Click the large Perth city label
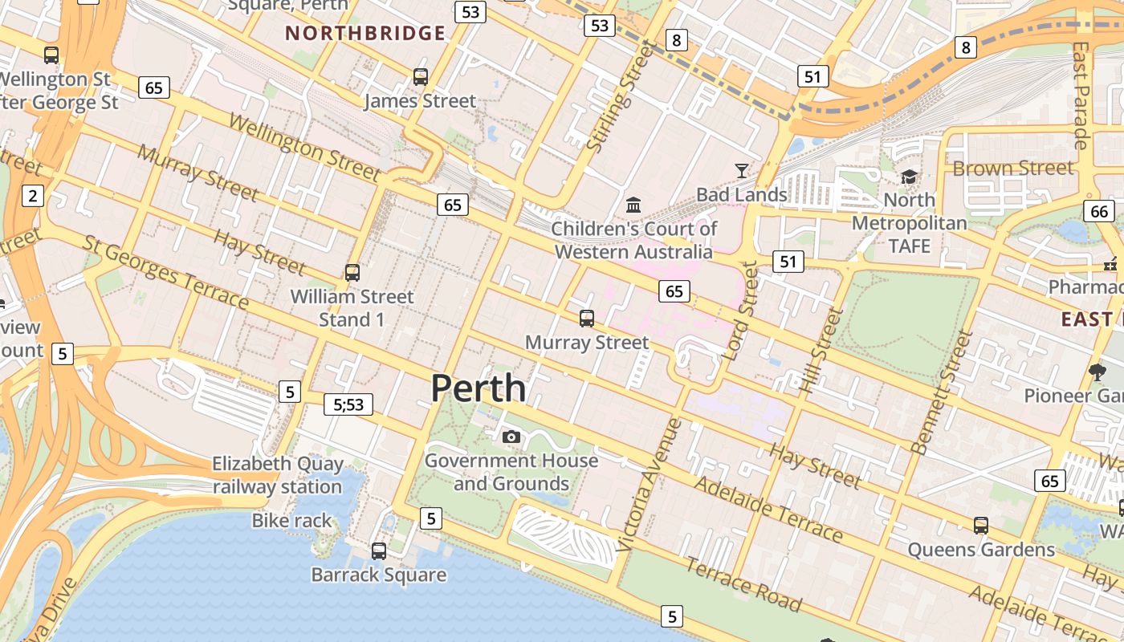(x=479, y=388)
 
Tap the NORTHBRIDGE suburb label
(x=365, y=33)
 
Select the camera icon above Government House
(x=511, y=437)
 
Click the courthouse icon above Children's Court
(x=633, y=205)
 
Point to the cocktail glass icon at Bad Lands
(x=741, y=171)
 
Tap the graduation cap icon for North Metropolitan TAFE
(x=909, y=177)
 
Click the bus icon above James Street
(x=421, y=77)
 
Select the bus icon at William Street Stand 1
(x=352, y=273)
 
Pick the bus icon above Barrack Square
(x=379, y=551)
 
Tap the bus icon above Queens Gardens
(x=980, y=526)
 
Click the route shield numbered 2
(x=33, y=195)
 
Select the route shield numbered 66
(x=1098, y=211)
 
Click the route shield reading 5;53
(x=349, y=404)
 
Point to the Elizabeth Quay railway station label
(x=277, y=475)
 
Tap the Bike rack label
(x=291, y=521)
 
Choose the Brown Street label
(x=1012, y=169)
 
